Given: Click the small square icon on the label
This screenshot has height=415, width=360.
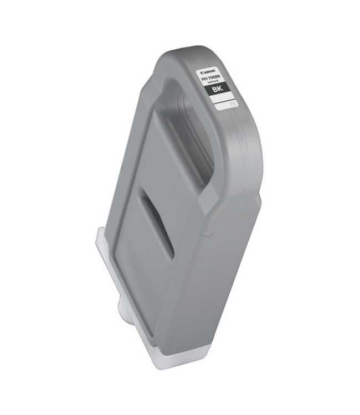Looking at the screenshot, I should (x=233, y=103).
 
